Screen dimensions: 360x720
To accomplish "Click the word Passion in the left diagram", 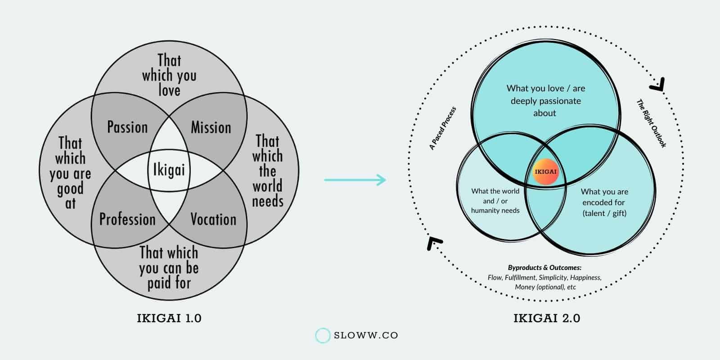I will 127,127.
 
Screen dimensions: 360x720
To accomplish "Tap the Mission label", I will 211,127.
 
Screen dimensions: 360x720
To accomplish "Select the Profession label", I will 127,220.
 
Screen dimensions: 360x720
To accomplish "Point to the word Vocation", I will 213,220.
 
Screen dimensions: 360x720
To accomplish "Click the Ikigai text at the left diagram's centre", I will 169,170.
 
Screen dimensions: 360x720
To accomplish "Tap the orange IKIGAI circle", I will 545,171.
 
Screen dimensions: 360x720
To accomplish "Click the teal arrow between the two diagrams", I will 355,180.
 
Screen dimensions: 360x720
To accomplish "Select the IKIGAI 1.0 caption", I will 169,319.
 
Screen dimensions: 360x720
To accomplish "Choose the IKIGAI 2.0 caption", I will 546,319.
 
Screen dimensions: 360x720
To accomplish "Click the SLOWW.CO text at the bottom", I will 366,336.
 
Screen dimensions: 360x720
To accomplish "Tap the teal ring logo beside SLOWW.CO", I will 323,336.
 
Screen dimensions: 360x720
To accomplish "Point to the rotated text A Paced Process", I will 442,128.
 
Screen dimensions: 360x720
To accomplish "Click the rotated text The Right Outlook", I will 651,123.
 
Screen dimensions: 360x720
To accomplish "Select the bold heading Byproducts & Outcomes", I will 544,268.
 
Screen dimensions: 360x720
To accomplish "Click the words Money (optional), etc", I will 545,287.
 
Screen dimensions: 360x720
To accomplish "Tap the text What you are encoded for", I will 604,202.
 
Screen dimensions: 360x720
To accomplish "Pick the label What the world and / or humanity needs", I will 495,201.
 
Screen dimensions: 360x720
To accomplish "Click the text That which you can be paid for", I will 169,268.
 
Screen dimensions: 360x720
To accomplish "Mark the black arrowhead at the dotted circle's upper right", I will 659,84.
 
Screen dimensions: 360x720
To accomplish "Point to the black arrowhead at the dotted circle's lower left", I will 433,243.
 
